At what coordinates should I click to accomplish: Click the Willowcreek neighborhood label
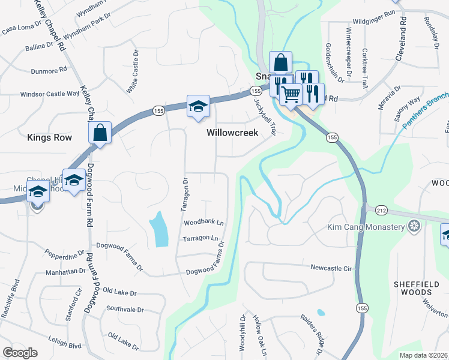pos(232,133)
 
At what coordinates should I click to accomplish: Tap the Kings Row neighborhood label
pos(49,137)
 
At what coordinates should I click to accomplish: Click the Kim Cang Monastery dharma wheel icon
pos(413,226)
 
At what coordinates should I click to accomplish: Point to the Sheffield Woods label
pos(421,288)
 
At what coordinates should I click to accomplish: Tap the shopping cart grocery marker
pos(291,92)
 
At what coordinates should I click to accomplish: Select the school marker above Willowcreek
pos(198,106)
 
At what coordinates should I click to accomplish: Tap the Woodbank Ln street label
pos(203,223)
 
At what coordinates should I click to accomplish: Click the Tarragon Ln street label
pos(200,239)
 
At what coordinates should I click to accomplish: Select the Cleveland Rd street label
pos(402,37)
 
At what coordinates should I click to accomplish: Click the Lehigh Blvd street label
pos(66,346)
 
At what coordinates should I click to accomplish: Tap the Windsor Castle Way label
pos(50,94)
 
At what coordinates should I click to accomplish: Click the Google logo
pos(20,353)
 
